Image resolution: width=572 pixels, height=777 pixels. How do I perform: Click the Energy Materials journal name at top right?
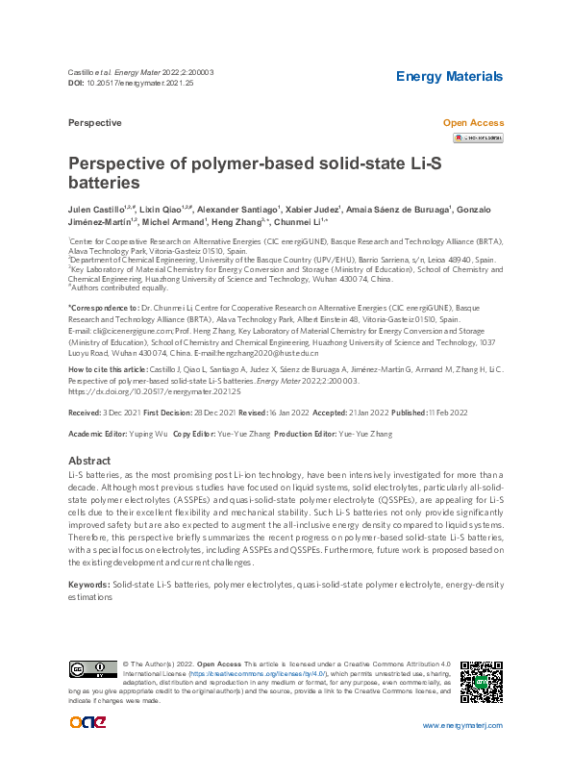pyautogui.click(x=450, y=76)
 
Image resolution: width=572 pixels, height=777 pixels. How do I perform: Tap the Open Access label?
pyautogui.click(x=472, y=123)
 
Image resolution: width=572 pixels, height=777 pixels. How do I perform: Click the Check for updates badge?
pyautogui.click(x=478, y=138)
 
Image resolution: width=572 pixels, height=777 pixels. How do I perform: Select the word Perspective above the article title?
pyautogui.click(x=95, y=123)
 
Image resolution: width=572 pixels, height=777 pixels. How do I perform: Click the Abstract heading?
pyautogui.click(x=89, y=461)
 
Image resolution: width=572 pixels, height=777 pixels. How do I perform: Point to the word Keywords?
pyautogui.click(x=88, y=585)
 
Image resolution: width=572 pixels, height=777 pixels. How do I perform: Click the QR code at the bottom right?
pyautogui.click(x=482, y=683)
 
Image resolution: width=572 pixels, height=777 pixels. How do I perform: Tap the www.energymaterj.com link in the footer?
pyautogui.click(x=462, y=725)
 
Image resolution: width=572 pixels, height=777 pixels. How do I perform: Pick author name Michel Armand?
pyautogui.click(x=172, y=220)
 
